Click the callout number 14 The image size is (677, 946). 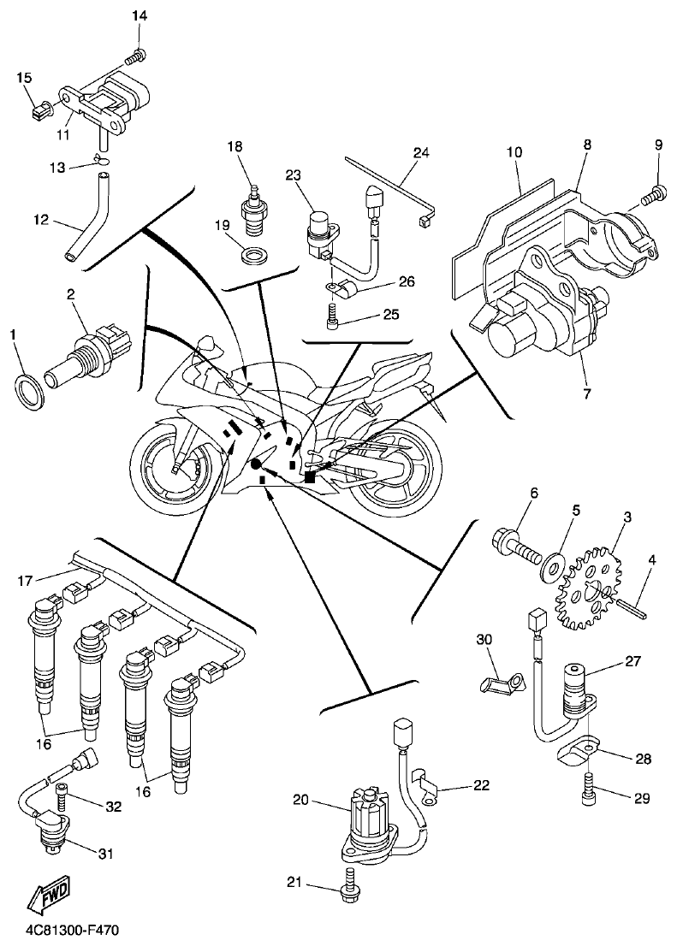point(140,16)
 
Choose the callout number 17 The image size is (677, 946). point(26,582)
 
